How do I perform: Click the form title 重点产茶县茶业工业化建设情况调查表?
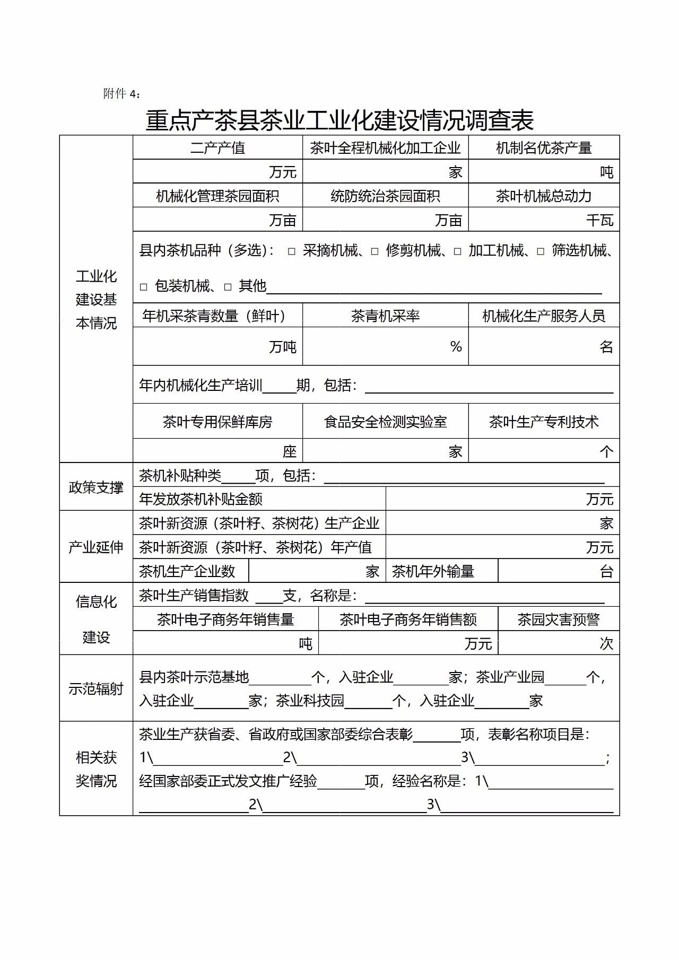339,120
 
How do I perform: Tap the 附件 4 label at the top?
121,94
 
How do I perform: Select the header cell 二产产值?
217,148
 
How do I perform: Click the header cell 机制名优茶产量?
544,148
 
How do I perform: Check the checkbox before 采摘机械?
292,251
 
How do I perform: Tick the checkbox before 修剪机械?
375,251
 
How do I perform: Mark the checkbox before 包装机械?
144,287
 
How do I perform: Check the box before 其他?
228,287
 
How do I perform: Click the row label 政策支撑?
96,487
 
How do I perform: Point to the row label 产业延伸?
96,547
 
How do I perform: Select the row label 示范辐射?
96,688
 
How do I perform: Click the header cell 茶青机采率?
385,316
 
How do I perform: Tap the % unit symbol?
456,346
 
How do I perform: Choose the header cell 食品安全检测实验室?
385,422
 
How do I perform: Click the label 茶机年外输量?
433,571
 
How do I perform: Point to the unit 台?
606,571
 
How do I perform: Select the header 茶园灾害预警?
559,619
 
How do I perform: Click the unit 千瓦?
600,220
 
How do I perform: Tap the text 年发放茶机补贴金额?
201,499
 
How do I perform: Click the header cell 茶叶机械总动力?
544,196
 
